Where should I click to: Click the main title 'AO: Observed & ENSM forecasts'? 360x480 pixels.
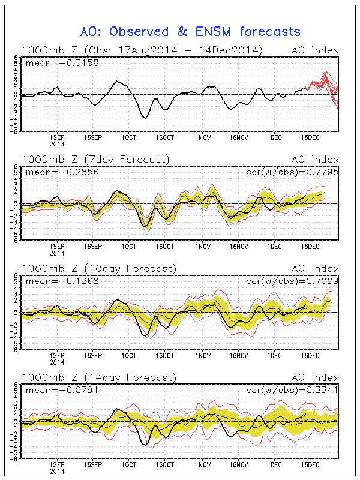190,32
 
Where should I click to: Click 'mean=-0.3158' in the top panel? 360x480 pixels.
62,63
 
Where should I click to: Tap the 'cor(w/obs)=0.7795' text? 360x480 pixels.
292,172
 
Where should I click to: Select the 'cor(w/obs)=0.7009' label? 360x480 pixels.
292,281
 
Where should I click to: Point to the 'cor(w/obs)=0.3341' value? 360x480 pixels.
292,390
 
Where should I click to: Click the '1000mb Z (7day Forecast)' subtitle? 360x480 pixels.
95,160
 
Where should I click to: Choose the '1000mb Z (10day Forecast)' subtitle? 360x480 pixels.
99,268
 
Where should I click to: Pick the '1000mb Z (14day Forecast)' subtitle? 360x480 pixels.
99,377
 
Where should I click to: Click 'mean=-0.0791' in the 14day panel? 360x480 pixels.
62,390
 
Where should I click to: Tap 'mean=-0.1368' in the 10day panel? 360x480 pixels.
62,281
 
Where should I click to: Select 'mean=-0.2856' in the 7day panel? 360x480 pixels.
62,172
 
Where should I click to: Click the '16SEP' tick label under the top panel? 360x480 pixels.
93,137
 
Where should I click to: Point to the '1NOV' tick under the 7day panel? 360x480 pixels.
203,247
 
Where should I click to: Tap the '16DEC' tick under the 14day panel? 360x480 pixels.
310,464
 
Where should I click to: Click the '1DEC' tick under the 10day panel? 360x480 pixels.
275,355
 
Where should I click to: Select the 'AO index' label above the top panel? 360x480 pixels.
316,50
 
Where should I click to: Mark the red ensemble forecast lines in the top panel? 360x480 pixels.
323,88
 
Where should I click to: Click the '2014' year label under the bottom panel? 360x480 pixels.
57,472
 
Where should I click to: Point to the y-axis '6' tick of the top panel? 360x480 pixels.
16,58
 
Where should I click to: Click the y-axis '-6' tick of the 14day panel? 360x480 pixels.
14,458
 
